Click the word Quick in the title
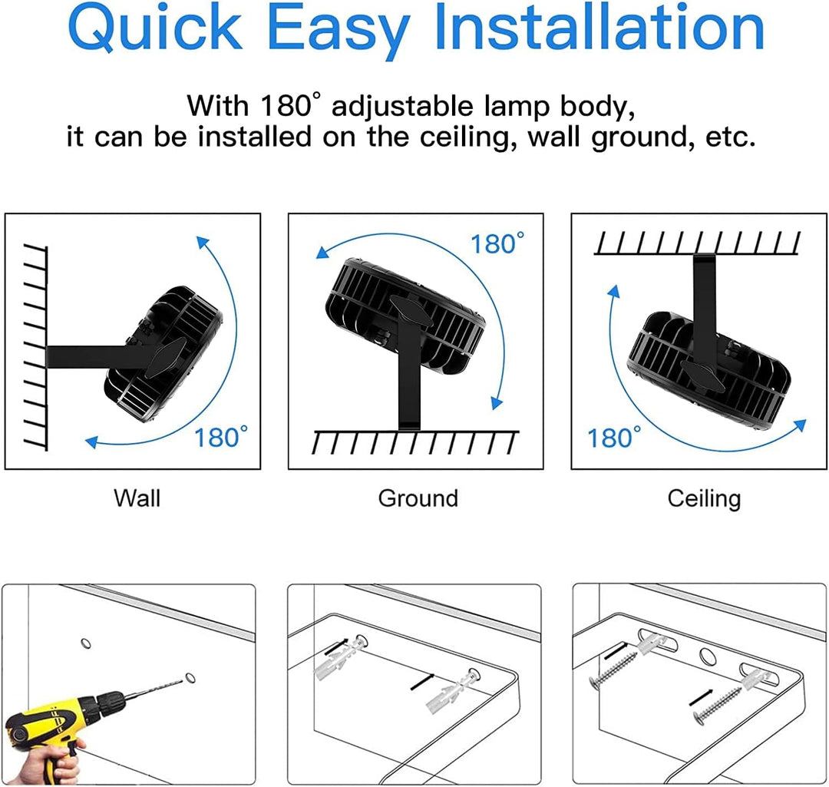[x=155, y=28]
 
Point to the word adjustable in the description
[x=401, y=106]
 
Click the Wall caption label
[x=137, y=498]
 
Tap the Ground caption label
[x=418, y=498]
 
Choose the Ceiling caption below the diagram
[x=704, y=499]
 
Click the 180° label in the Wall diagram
[x=221, y=438]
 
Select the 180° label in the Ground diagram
[x=497, y=243]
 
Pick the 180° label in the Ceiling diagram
[x=614, y=438]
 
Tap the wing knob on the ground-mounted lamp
[x=410, y=310]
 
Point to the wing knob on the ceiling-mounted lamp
[x=702, y=375]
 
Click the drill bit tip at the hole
[x=185, y=680]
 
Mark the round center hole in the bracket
[x=706, y=656]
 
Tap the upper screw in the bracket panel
[x=613, y=670]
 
